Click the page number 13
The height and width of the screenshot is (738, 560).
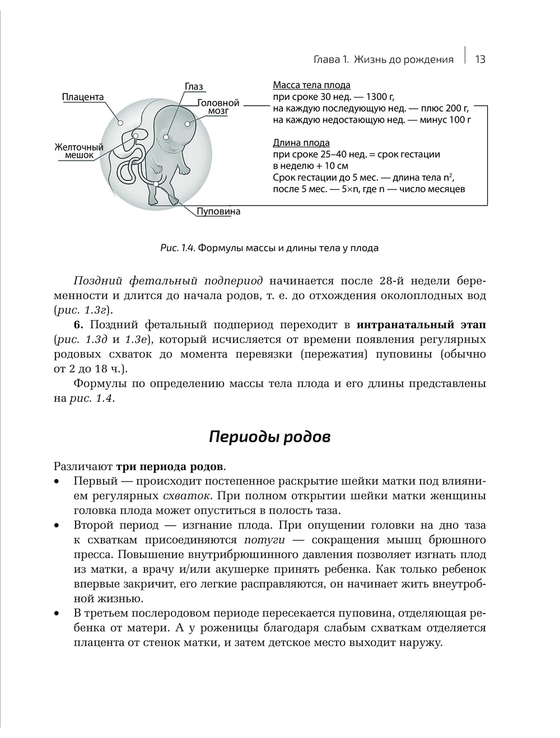(x=480, y=59)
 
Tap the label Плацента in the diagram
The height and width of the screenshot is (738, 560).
(x=83, y=97)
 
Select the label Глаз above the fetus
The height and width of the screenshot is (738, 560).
(x=194, y=86)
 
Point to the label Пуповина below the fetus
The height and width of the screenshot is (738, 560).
(x=218, y=211)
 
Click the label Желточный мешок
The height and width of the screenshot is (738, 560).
(x=79, y=151)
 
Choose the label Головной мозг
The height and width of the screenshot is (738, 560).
(x=218, y=107)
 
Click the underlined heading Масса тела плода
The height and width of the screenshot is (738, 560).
(x=311, y=85)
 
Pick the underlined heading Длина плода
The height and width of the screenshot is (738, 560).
(x=301, y=143)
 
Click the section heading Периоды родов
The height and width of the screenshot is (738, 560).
(x=269, y=437)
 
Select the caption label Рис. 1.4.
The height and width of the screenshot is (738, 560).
(x=177, y=248)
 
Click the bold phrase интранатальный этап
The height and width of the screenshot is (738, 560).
(x=421, y=324)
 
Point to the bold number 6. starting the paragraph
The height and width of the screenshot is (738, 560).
(x=78, y=324)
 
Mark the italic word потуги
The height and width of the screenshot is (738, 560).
(x=264, y=540)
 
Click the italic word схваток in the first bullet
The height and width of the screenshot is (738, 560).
(x=186, y=496)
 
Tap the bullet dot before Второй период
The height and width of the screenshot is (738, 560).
(x=57, y=526)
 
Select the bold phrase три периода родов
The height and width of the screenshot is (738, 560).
(x=170, y=466)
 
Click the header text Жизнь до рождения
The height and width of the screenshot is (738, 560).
(x=404, y=59)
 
